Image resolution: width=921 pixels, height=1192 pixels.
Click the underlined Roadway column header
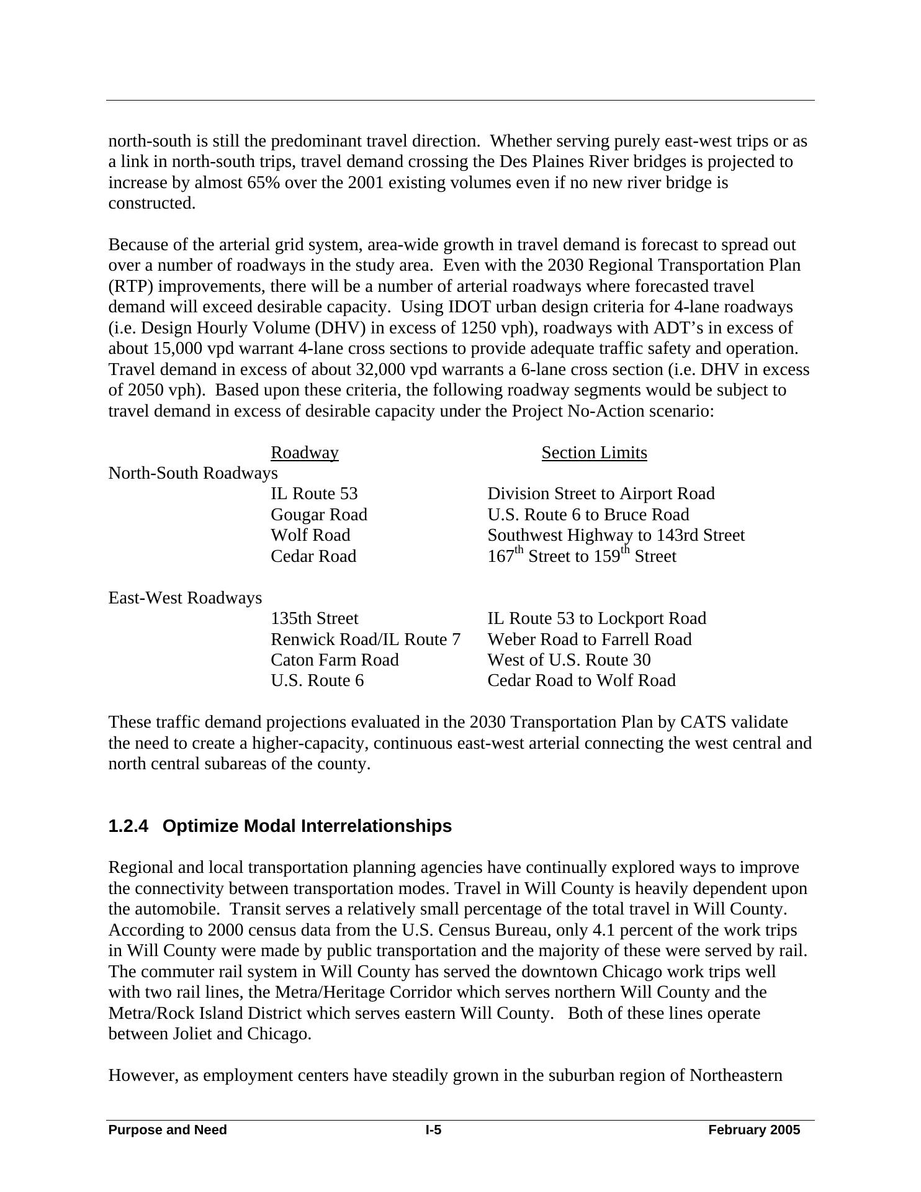304,453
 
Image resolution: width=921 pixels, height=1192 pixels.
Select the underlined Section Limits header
594,453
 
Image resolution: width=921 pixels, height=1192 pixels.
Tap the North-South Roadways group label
193,473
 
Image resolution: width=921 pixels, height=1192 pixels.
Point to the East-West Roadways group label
185,598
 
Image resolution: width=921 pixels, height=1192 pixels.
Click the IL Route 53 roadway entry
314,494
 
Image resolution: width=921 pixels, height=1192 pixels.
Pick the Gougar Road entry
319,515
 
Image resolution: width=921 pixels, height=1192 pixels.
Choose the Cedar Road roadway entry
313,556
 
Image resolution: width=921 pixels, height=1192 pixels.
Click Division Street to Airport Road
601,494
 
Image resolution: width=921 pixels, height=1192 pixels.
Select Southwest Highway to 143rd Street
616,535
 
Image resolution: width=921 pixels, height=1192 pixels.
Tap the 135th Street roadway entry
315,618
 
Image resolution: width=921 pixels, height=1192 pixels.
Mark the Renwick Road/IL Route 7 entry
366,639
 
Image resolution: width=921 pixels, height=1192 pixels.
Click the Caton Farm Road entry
335,660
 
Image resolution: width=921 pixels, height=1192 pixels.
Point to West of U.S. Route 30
569,660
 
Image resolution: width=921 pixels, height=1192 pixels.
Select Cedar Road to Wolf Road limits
582,680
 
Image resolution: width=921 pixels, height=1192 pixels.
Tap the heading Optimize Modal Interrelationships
307,826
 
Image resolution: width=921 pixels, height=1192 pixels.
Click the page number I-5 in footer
433,1130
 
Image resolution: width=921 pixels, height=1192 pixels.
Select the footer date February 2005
754,1130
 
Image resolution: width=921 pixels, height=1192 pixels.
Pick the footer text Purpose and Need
168,1130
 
